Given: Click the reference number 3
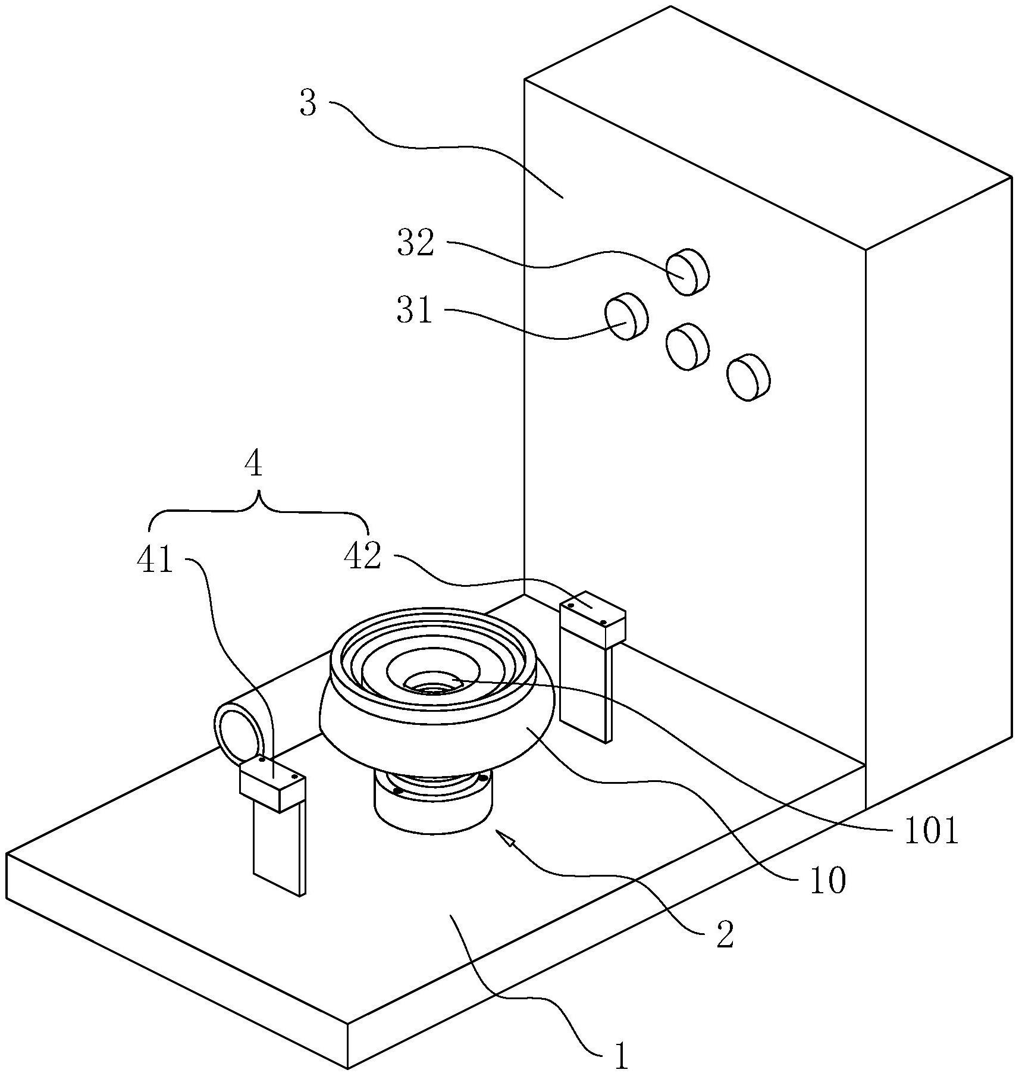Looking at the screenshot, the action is [x=308, y=104].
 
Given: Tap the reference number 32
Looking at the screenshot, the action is [x=416, y=243].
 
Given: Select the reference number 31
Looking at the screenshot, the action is [x=414, y=310].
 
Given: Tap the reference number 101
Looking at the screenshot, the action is [x=931, y=831].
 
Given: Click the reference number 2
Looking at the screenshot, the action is [x=725, y=935].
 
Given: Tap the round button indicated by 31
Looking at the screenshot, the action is [x=626, y=316].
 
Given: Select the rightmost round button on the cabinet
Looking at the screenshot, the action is [x=748, y=377].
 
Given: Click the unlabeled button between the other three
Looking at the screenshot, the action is [x=688, y=347].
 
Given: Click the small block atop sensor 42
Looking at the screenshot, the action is [x=592, y=619].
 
